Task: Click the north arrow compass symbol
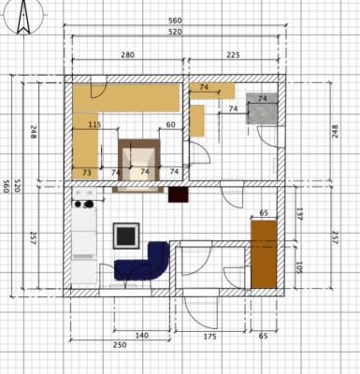(23, 17)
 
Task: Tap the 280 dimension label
(127, 55)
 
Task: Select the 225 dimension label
(233, 55)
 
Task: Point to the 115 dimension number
(94, 124)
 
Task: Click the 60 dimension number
(170, 124)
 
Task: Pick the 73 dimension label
(87, 172)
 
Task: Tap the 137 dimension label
(299, 214)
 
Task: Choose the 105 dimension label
(299, 267)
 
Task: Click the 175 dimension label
(209, 337)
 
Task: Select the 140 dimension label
(142, 336)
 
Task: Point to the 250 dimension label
(120, 345)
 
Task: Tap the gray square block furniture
(262, 108)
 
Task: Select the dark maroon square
(179, 194)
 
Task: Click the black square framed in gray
(126, 236)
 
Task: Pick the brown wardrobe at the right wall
(264, 254)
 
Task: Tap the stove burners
(84, 204)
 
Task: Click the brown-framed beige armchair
(138, 165)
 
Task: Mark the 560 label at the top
(175, 21)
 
